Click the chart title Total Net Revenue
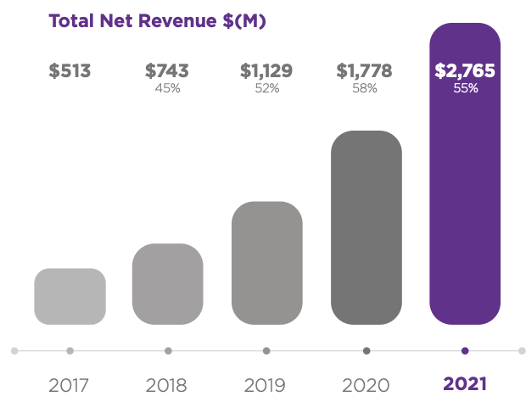(x=158, y=21)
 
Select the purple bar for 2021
(x=465, y=195)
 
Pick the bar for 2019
(x=266, y=263)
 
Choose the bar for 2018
(x=168, y=284)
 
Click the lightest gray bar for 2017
(x=70, y=296)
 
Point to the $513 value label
(x=70, y=71)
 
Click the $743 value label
(x=167, y=71)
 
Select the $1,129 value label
(x=266, y=71)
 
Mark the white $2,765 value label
(x=465, y=71)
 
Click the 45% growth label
(x=168, y=88)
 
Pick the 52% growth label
(x=266, y=88)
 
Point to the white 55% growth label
(x=465, y=88)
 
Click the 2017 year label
(x=70, y=384)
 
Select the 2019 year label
(x=266, y=384)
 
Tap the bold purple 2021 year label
(x=465, y=384)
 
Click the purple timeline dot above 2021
(x=465, y=350)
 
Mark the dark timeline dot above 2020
(x=367, y=350)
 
